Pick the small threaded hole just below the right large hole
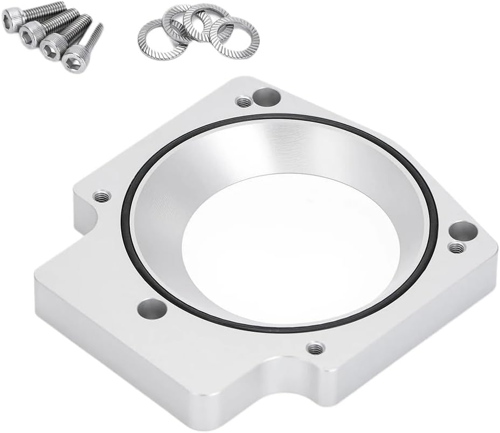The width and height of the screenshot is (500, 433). (456, 247)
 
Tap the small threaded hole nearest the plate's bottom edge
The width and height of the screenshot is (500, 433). (314, 348)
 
